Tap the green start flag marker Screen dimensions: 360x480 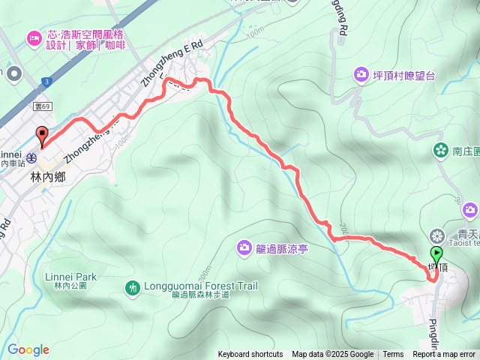click(x=437, y=255)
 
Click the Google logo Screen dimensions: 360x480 click(x=28, y=349)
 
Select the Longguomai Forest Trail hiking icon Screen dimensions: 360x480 click(x=133, y=286)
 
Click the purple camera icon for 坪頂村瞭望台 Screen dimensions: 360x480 click(x=361, y=74)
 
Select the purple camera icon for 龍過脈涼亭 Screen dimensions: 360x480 click(x=244, y=247)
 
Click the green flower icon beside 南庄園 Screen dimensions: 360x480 click(x=439, y=151)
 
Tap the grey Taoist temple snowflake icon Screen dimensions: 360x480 click(x=437, y=235)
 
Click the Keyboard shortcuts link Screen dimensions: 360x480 click(x=250, y=355)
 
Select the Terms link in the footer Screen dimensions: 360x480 click(x=393, y=355)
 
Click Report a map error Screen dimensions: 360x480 click(x=444, y=355)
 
